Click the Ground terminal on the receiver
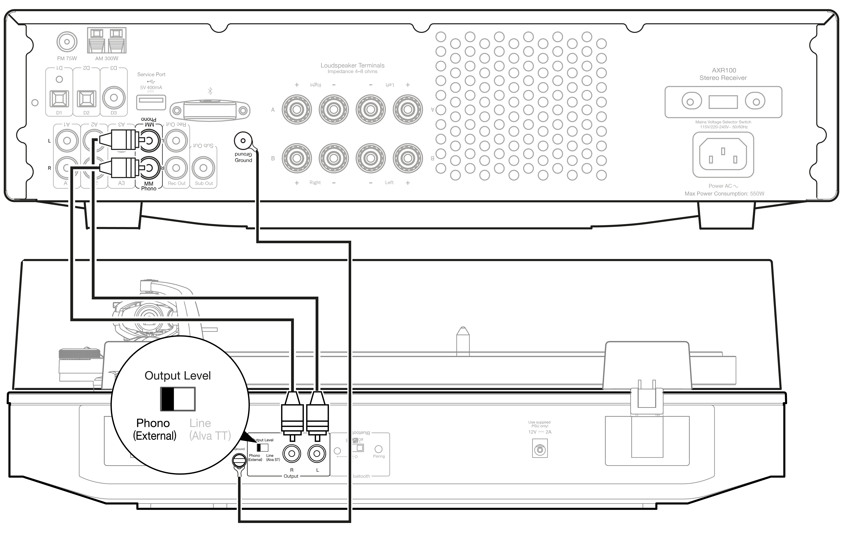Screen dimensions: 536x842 pyautogui.click(x=243, y=141)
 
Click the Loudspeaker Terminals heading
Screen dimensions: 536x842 pyautogui.click(x=352, y=65)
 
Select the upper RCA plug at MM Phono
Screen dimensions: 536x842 pyautogui.click(x=122, y=140)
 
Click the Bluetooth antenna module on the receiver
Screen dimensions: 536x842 pyautogui.click(x=210, y=111)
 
